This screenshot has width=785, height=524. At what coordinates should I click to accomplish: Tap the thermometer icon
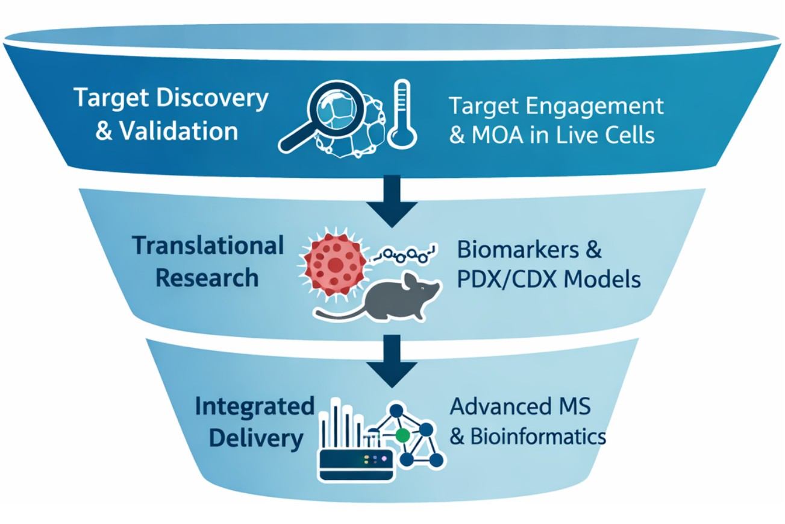coord(400,115)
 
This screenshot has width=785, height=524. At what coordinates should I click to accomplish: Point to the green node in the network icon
coord(403,434)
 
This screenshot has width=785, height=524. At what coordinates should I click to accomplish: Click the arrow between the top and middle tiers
coord(392,202)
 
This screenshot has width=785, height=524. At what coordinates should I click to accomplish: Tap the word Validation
coord(178,131)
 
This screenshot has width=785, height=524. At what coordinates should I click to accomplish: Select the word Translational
coord(208,246)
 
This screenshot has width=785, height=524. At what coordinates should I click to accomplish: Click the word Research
coord(207,278)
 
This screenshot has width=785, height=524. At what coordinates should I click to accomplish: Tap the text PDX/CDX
coord(504,280)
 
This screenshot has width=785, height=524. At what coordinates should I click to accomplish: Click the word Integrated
coord(254,406)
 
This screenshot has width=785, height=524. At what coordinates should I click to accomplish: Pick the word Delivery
coord(255,438)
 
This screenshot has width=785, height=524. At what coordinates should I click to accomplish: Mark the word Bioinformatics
coord(536,436)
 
